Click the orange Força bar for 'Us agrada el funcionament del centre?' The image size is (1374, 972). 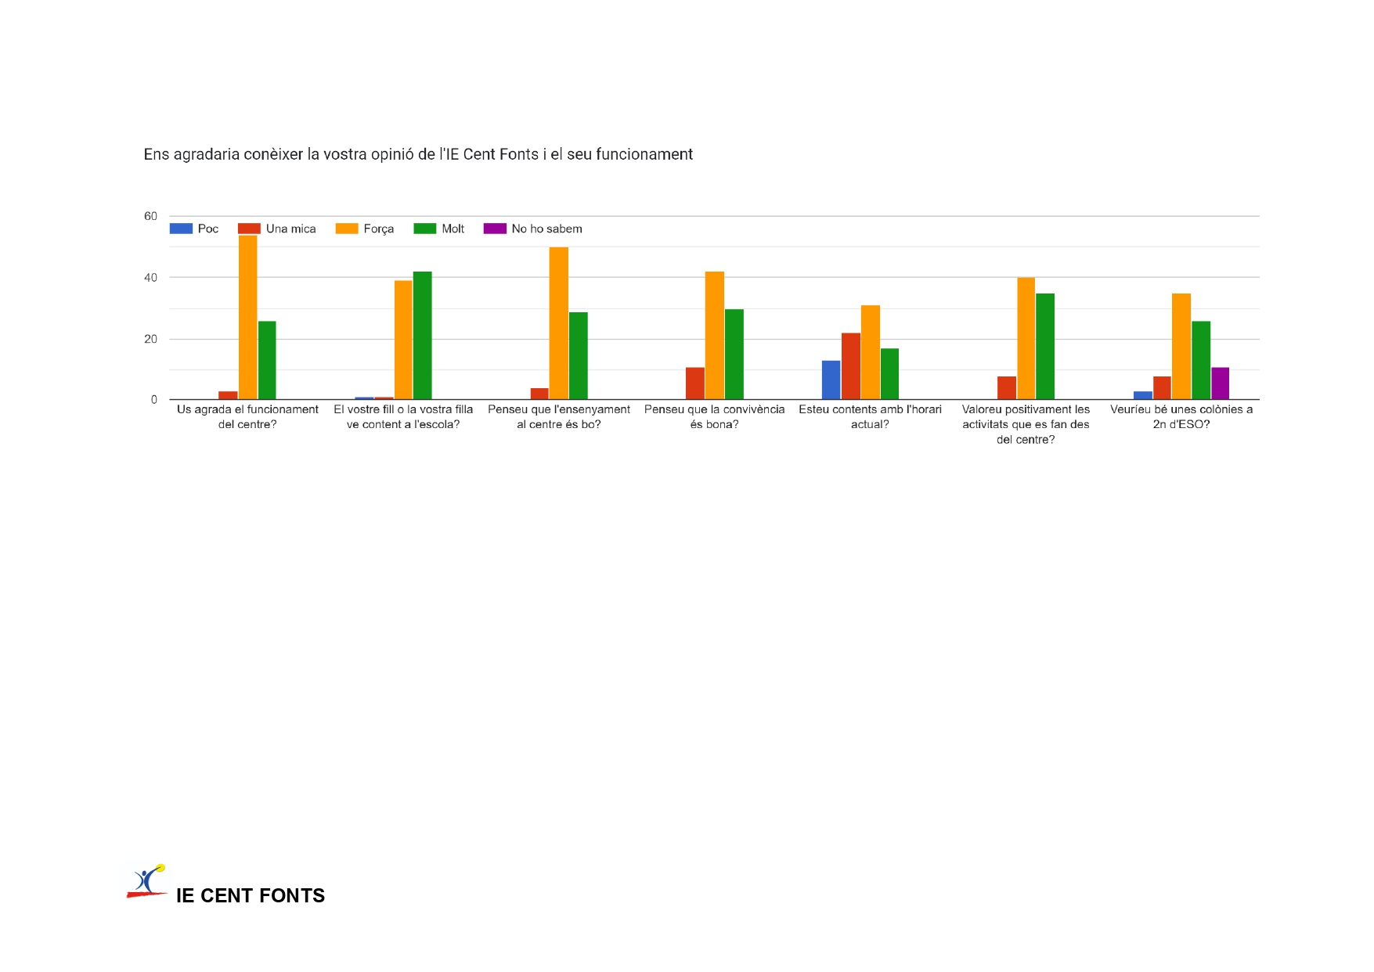[247, 317]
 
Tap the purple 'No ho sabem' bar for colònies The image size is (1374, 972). [1220, 383]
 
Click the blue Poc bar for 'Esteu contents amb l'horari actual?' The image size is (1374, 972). [831, 380]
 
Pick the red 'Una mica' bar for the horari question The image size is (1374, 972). [850, 365]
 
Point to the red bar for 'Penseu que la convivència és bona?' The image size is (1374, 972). [694, 383]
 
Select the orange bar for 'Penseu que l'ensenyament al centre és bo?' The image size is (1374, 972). [558, 323]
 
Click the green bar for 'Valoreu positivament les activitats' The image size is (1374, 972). [1044, 346]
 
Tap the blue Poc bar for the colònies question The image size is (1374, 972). [1142, 395]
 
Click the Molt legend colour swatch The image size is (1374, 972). [424, 229]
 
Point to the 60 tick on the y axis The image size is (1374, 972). [150, 216]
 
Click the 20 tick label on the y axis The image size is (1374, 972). [150, 339]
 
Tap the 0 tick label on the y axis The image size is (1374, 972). [153, 400]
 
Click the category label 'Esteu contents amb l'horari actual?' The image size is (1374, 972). [870, 416]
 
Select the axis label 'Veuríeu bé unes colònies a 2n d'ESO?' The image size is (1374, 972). [1181, 416]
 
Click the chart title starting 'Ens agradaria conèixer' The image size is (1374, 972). [418, 154]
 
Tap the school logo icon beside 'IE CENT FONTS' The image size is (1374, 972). [147, 882]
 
